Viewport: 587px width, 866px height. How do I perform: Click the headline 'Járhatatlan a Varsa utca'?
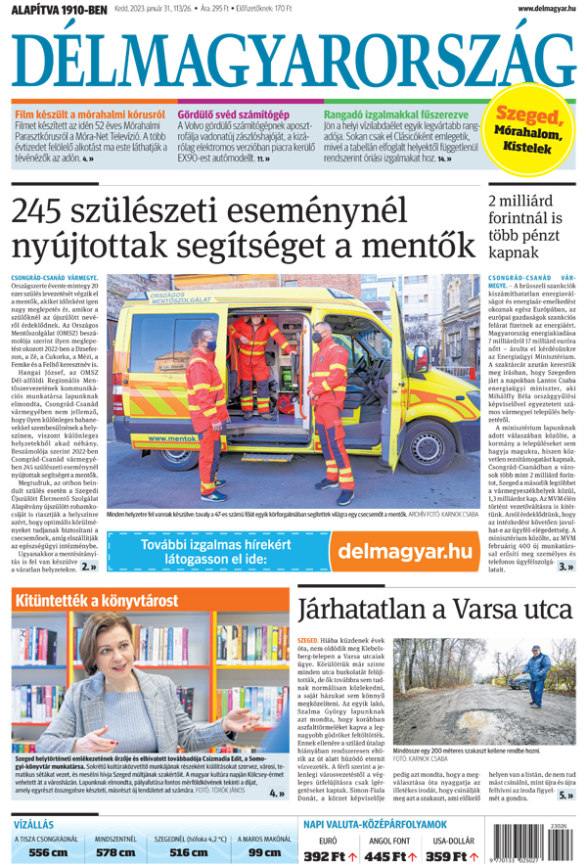(x=435, y=608)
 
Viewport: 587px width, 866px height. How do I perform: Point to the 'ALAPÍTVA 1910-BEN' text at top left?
(x=54, y=10)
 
